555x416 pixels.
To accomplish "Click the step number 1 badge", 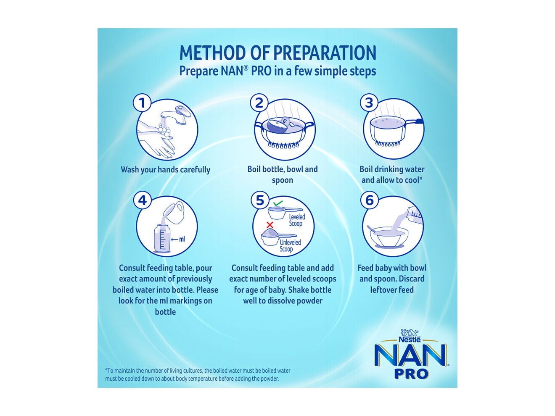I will pyautogui.click(x=142, y=103).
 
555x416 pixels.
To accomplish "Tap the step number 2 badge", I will pyautogui.click(x=259, y=103).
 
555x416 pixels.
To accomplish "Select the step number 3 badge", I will pyautogui.click(x=369, y=103).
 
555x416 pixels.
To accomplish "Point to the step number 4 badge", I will pyautogui.click(x=142, y=200).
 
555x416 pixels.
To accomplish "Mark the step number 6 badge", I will pyautogui.click(x=369, y=200).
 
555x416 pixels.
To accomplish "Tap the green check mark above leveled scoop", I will pyautogui.click(x=277, y=204).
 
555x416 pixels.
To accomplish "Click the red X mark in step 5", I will pyautogui.click(x=270, y=225).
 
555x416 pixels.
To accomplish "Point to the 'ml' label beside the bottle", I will pyautogui.click(x=181, y=240).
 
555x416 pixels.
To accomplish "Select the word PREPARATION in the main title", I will pyautogui.click(x=325, y=53).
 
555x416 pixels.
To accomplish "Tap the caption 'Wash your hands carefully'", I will pyautogui.click(x=165, y=170).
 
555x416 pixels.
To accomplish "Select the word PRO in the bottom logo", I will pyautogui.click(x=411, y=374).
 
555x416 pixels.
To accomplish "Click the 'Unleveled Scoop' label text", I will pyautogui.click(x=290, y=246).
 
